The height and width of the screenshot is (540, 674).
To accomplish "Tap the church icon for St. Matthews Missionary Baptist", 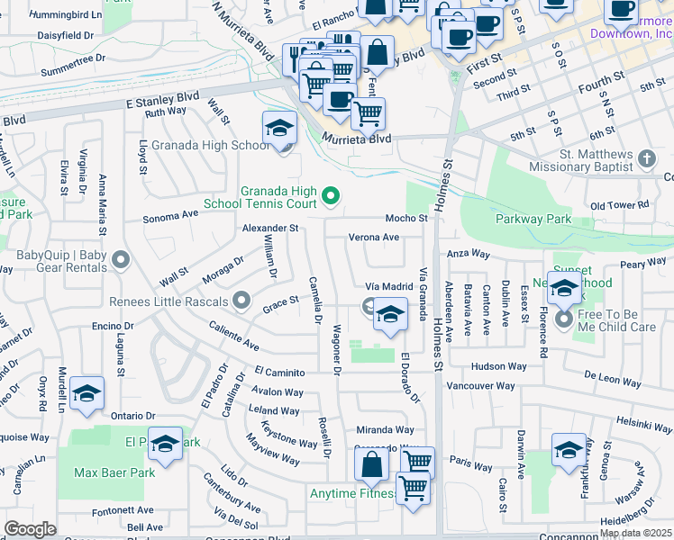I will [x=645, y=159].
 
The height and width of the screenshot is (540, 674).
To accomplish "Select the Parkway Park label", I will [x=533, y=220].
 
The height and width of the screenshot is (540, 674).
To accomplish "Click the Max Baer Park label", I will [x=114, y=472].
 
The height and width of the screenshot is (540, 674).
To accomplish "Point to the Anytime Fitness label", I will [x=352, y=494].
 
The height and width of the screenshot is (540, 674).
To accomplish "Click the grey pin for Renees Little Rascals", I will [x=241, y=300].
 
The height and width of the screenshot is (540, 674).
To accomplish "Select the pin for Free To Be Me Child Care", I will [x=565, y=319].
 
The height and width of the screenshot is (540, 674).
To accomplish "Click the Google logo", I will [x=30, y=529].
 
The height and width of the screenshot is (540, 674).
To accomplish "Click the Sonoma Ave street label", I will [x=171, y=216].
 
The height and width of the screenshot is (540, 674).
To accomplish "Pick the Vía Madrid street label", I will [x=388, y=286].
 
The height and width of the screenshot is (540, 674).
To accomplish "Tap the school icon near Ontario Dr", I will [x=87, y=394].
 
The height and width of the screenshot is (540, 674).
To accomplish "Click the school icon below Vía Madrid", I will [x=389, y=315].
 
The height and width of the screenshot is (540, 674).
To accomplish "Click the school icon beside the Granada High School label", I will [x=280, y=129].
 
